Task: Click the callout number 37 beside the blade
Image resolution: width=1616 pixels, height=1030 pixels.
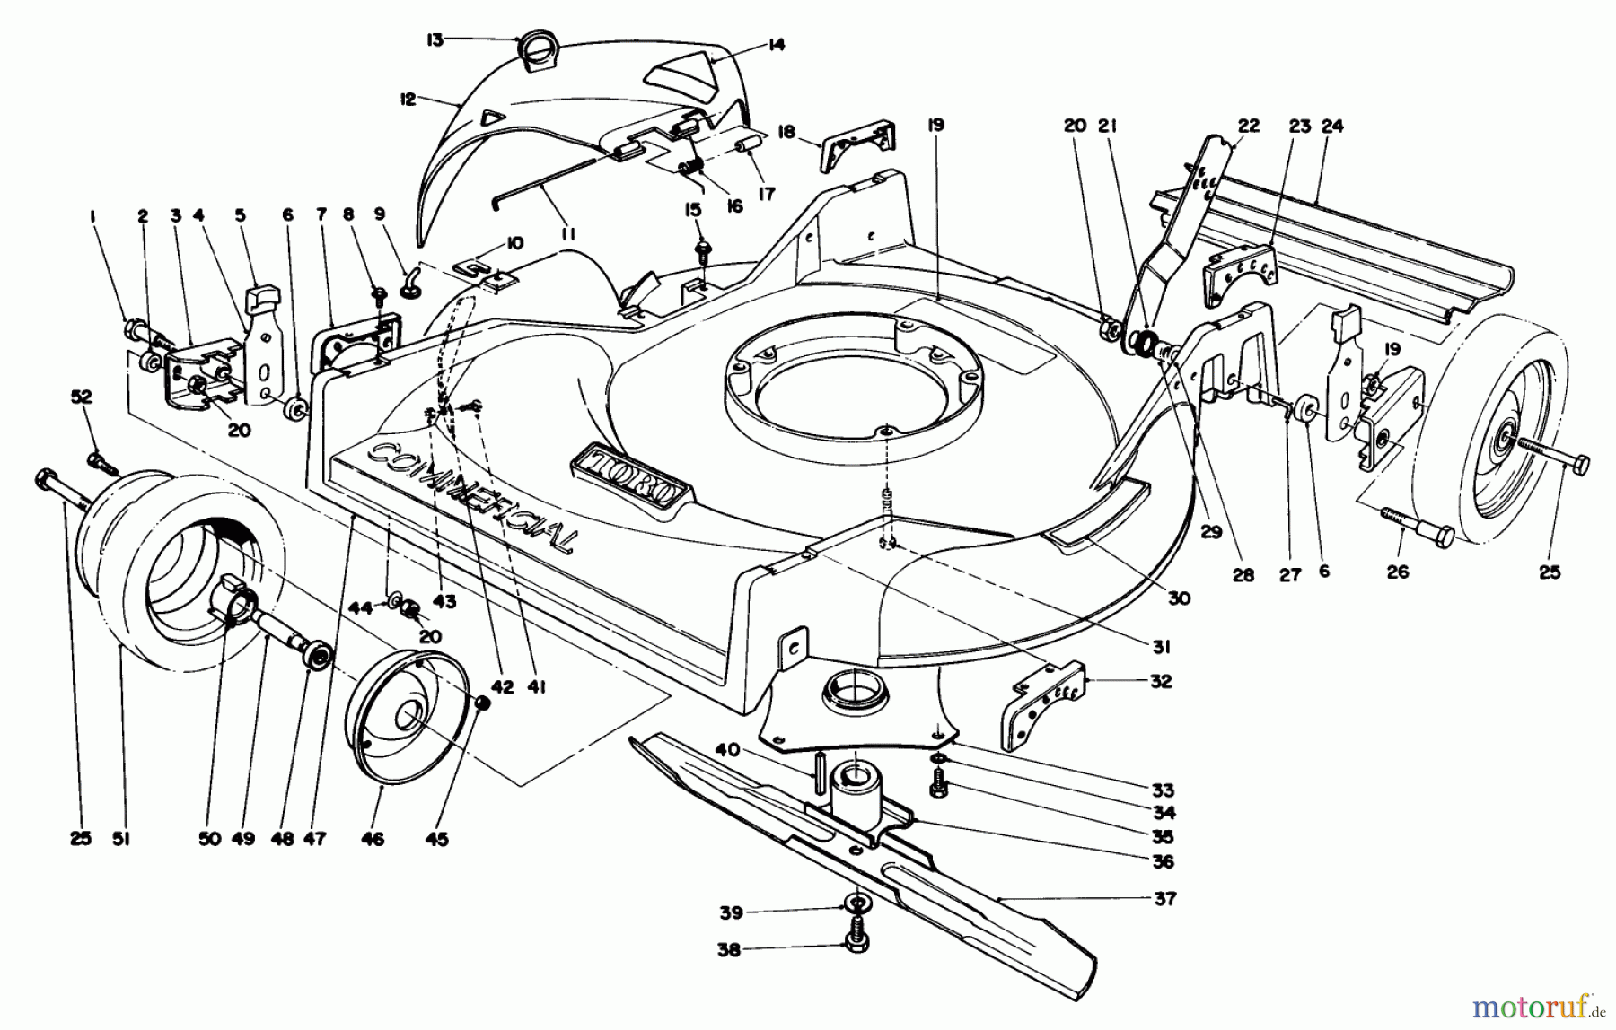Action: (1164, 898)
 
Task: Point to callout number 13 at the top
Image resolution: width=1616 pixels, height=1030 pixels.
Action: (435, 40)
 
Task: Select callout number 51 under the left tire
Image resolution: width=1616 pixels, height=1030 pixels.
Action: (121, 839)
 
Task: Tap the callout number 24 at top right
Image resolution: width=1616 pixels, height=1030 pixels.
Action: (1332, 127)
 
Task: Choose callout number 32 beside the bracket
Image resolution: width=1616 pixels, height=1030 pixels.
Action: (1160, 681)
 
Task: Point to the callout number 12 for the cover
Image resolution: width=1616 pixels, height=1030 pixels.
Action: (408, 99)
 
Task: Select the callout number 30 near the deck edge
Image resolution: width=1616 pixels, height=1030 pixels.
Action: (1179, 598)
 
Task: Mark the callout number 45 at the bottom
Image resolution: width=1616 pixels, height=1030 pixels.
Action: (439, 839)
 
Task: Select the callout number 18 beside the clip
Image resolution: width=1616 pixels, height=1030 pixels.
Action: (786, 132)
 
